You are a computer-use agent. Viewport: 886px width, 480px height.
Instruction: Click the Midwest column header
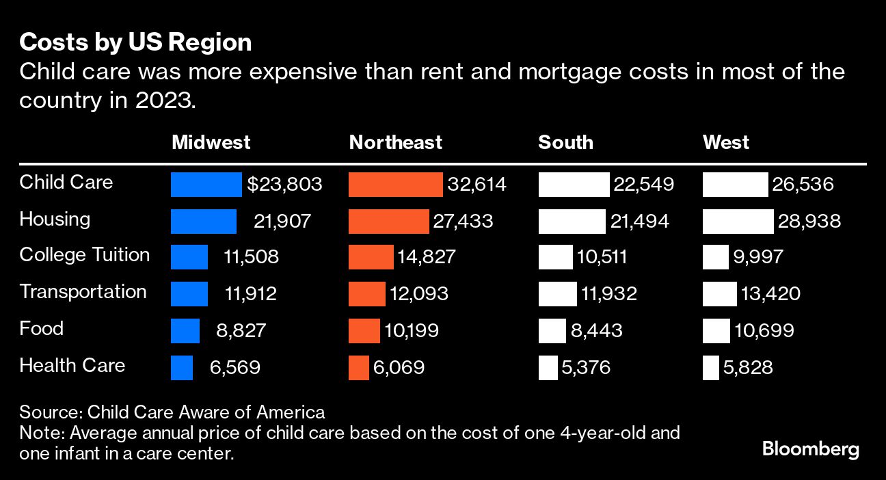[211, 142]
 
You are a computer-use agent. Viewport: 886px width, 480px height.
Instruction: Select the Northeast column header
[395, 142]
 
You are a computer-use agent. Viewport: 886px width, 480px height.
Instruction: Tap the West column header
[725, 142]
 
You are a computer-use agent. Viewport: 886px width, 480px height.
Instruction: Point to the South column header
[565, 142]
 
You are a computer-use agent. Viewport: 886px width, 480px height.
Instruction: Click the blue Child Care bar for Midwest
[206, 185]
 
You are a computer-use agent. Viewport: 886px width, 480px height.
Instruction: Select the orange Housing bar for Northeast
[389, 222]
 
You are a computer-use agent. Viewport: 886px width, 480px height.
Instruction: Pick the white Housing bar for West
[738, 222]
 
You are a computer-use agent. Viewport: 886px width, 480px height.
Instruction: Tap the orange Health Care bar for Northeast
[358, 368]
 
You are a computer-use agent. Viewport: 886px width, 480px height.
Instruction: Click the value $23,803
[284, 185]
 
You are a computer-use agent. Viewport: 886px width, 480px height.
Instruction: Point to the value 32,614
[476, 185]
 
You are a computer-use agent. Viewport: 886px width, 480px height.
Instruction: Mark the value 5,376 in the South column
[586, 368]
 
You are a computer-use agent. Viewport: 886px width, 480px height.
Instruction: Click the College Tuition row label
[85, 255]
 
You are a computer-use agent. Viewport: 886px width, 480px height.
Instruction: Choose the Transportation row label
[83, 292]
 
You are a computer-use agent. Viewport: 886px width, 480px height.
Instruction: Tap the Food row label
[41, 329]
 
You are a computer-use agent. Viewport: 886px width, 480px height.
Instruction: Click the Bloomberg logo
[810, 450]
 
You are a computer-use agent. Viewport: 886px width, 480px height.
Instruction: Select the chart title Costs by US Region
[135, 43]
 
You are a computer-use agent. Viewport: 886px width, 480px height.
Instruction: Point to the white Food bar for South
[552, 331]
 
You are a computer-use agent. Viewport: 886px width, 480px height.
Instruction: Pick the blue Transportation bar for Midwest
[189, 295]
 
